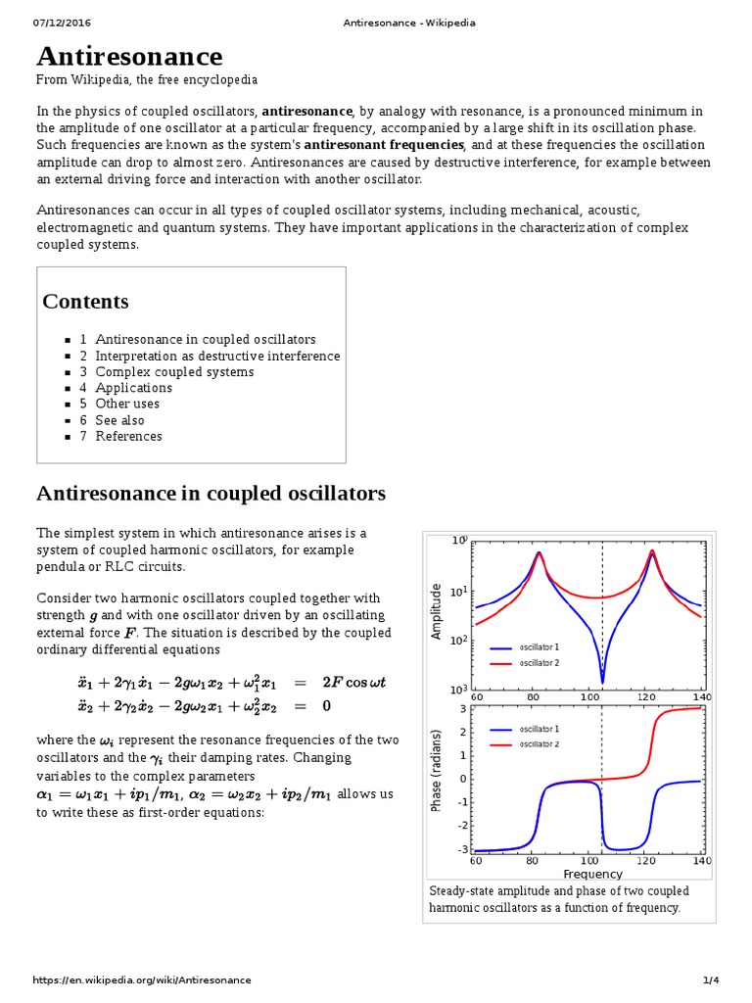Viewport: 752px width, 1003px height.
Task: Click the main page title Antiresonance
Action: pos(129,57)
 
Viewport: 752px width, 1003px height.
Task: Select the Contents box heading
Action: pos(85,302)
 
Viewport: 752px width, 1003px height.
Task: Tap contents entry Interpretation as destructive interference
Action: pos(217,356)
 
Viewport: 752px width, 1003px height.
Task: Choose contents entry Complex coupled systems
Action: pos(174,372)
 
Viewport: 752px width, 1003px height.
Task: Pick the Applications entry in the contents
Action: pos(133,388)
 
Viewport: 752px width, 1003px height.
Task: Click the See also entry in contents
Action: pos(119,420)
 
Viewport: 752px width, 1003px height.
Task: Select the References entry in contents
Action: pos(128,436)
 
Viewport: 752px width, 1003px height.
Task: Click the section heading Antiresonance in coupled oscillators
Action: pos(211,493)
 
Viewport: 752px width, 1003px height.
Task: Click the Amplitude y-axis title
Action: pos(438,611)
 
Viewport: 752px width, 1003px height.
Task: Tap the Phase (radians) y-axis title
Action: pos(438,771)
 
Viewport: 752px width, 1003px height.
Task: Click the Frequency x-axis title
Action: pos(592,874)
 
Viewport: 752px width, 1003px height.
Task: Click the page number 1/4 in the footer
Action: pos(711,980)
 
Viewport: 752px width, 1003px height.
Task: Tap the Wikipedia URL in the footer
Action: pos(142,980)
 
